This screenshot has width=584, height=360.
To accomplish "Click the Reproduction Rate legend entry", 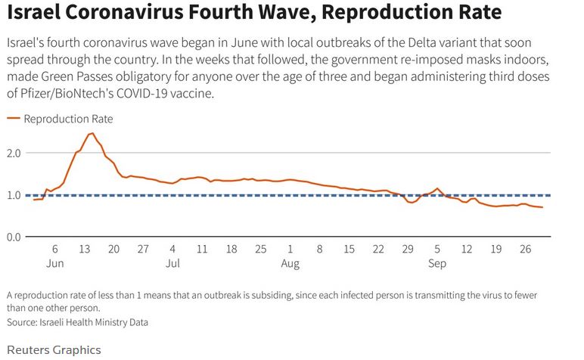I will pyautogui.click(x=68, y=119).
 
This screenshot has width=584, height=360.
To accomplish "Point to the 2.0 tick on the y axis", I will pyautogui.click(x=14, y=153).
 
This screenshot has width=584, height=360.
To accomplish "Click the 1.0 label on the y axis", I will pyautogui.click(x=14, y=195).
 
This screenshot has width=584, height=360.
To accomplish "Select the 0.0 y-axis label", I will pyautogui.click(x=14, y=237).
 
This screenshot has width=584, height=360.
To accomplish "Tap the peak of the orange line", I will pyautogui.click(x=91, y=134).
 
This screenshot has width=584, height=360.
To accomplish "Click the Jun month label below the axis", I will pyautogui.click(x=54, y=264).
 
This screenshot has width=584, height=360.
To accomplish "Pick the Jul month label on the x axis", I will pyautogui.click(x=172, y=264).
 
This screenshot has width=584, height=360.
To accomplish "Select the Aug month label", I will pyautogui.click(x=290, y=264).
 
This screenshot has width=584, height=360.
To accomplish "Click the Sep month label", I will pyautogui.click(x=437, y=264).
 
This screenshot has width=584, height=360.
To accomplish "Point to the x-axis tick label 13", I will pyautogui.click(x=84, y=249).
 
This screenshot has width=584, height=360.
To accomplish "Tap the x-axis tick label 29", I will pyautogui.click(x=408, y=249).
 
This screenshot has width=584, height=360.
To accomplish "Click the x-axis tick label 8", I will pyautogui.click(x=319, y=249).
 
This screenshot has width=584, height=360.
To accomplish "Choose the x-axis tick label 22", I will pyautogui.click(x=378, y=249).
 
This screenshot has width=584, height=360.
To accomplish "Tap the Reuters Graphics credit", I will pyautogui.click(x=53, y=349).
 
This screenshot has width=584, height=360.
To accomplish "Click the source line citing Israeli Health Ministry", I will pyautogui.click(x=77, y=322).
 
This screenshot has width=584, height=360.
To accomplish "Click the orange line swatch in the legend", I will pyautogui.click(x=13, y=119).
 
